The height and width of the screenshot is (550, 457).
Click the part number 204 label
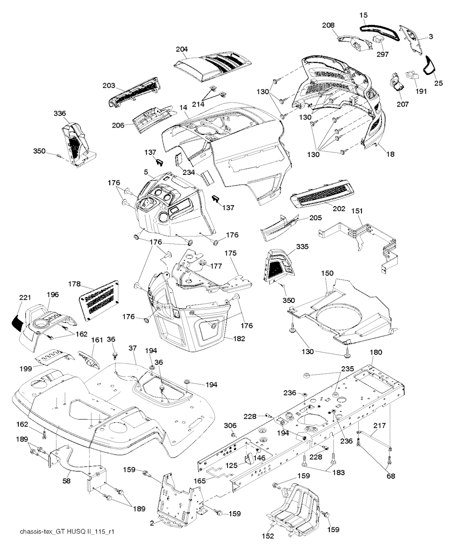pos(182,49)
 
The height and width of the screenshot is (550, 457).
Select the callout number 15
pos(364,15)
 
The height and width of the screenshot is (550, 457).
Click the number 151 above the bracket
pos(357,211)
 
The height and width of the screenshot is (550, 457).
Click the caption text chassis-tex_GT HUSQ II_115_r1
pos(64,532)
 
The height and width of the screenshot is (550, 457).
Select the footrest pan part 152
pos(295,504)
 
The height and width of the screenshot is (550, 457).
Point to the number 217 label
pos(379,426)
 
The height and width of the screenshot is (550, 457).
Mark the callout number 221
pos(25,298)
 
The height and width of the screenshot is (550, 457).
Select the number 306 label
pos(230,426)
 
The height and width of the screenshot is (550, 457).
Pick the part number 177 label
pos(216,266)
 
